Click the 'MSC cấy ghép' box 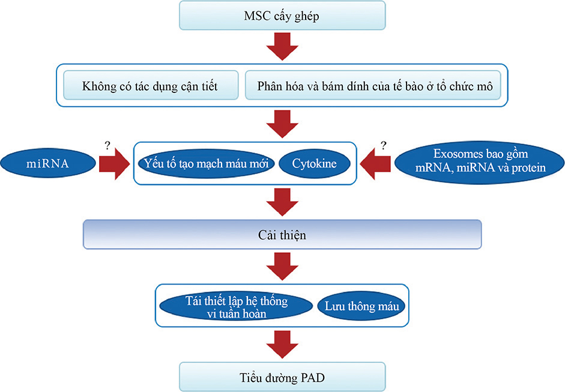(282, 15)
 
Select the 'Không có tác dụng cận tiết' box (150, 87)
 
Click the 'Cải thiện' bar (282, 235)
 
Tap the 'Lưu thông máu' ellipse (361, 306)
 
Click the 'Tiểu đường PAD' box (282, 376)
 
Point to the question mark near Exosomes (383, 144)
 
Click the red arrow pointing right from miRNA (114, 163)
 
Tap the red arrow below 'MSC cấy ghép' (282, 46)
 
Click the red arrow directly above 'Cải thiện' (282, 202)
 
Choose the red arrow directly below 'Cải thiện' (282, 267)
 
